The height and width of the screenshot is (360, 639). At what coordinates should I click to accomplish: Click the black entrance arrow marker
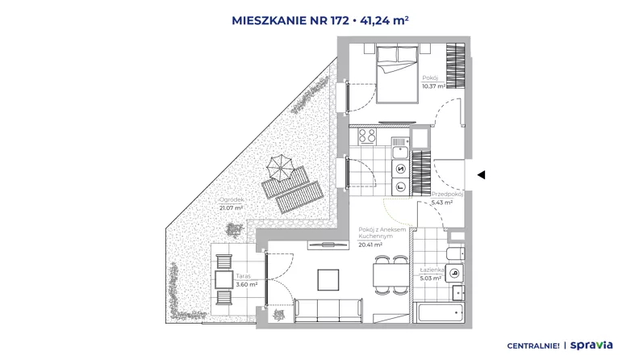point(482,175)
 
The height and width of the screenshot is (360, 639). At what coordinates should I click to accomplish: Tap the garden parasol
point(280,169)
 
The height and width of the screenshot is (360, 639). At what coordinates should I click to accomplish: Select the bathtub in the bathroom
point(438,313)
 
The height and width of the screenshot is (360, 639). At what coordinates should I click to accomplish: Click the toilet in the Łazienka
point(456,253)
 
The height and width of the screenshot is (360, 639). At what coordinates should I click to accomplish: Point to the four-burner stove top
point(367,136)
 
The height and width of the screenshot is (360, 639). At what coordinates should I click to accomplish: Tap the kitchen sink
point(400,153)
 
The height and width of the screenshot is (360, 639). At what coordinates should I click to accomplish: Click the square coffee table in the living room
point(328,279)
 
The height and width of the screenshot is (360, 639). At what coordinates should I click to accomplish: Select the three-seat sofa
point(328,310)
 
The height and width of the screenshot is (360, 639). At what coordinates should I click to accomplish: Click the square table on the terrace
point(223,279)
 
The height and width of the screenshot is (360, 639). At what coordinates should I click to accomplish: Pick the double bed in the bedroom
point(397,74)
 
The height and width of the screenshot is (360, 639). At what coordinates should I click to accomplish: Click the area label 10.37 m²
point(433,86)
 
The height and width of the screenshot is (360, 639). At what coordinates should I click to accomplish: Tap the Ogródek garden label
point(232,199)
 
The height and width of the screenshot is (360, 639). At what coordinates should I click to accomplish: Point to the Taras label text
point(244,276)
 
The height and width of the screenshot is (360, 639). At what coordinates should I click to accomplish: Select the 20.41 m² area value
point(370,245)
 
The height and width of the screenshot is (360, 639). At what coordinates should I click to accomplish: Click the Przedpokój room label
point(448,195)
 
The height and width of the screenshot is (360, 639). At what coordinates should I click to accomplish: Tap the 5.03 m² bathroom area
point(431,278)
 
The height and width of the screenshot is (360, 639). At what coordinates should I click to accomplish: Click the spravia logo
point(591,345)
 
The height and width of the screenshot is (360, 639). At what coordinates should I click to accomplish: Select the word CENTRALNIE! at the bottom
point(533,346)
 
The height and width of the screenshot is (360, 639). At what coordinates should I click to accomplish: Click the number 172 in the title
point(340,20)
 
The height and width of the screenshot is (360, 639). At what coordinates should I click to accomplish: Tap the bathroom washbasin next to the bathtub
point(458,292)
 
